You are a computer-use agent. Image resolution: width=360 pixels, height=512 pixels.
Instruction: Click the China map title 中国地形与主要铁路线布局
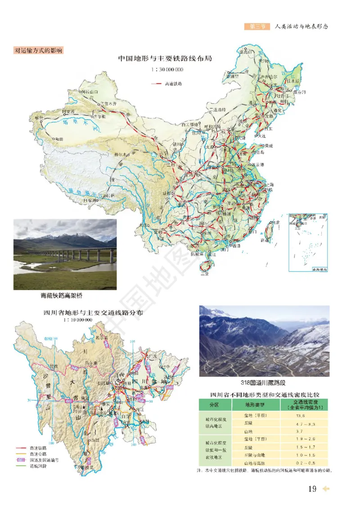165,58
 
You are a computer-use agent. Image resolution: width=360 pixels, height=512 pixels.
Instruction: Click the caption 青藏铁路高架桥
61,296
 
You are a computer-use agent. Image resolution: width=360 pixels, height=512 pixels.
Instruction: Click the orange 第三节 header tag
257,27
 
